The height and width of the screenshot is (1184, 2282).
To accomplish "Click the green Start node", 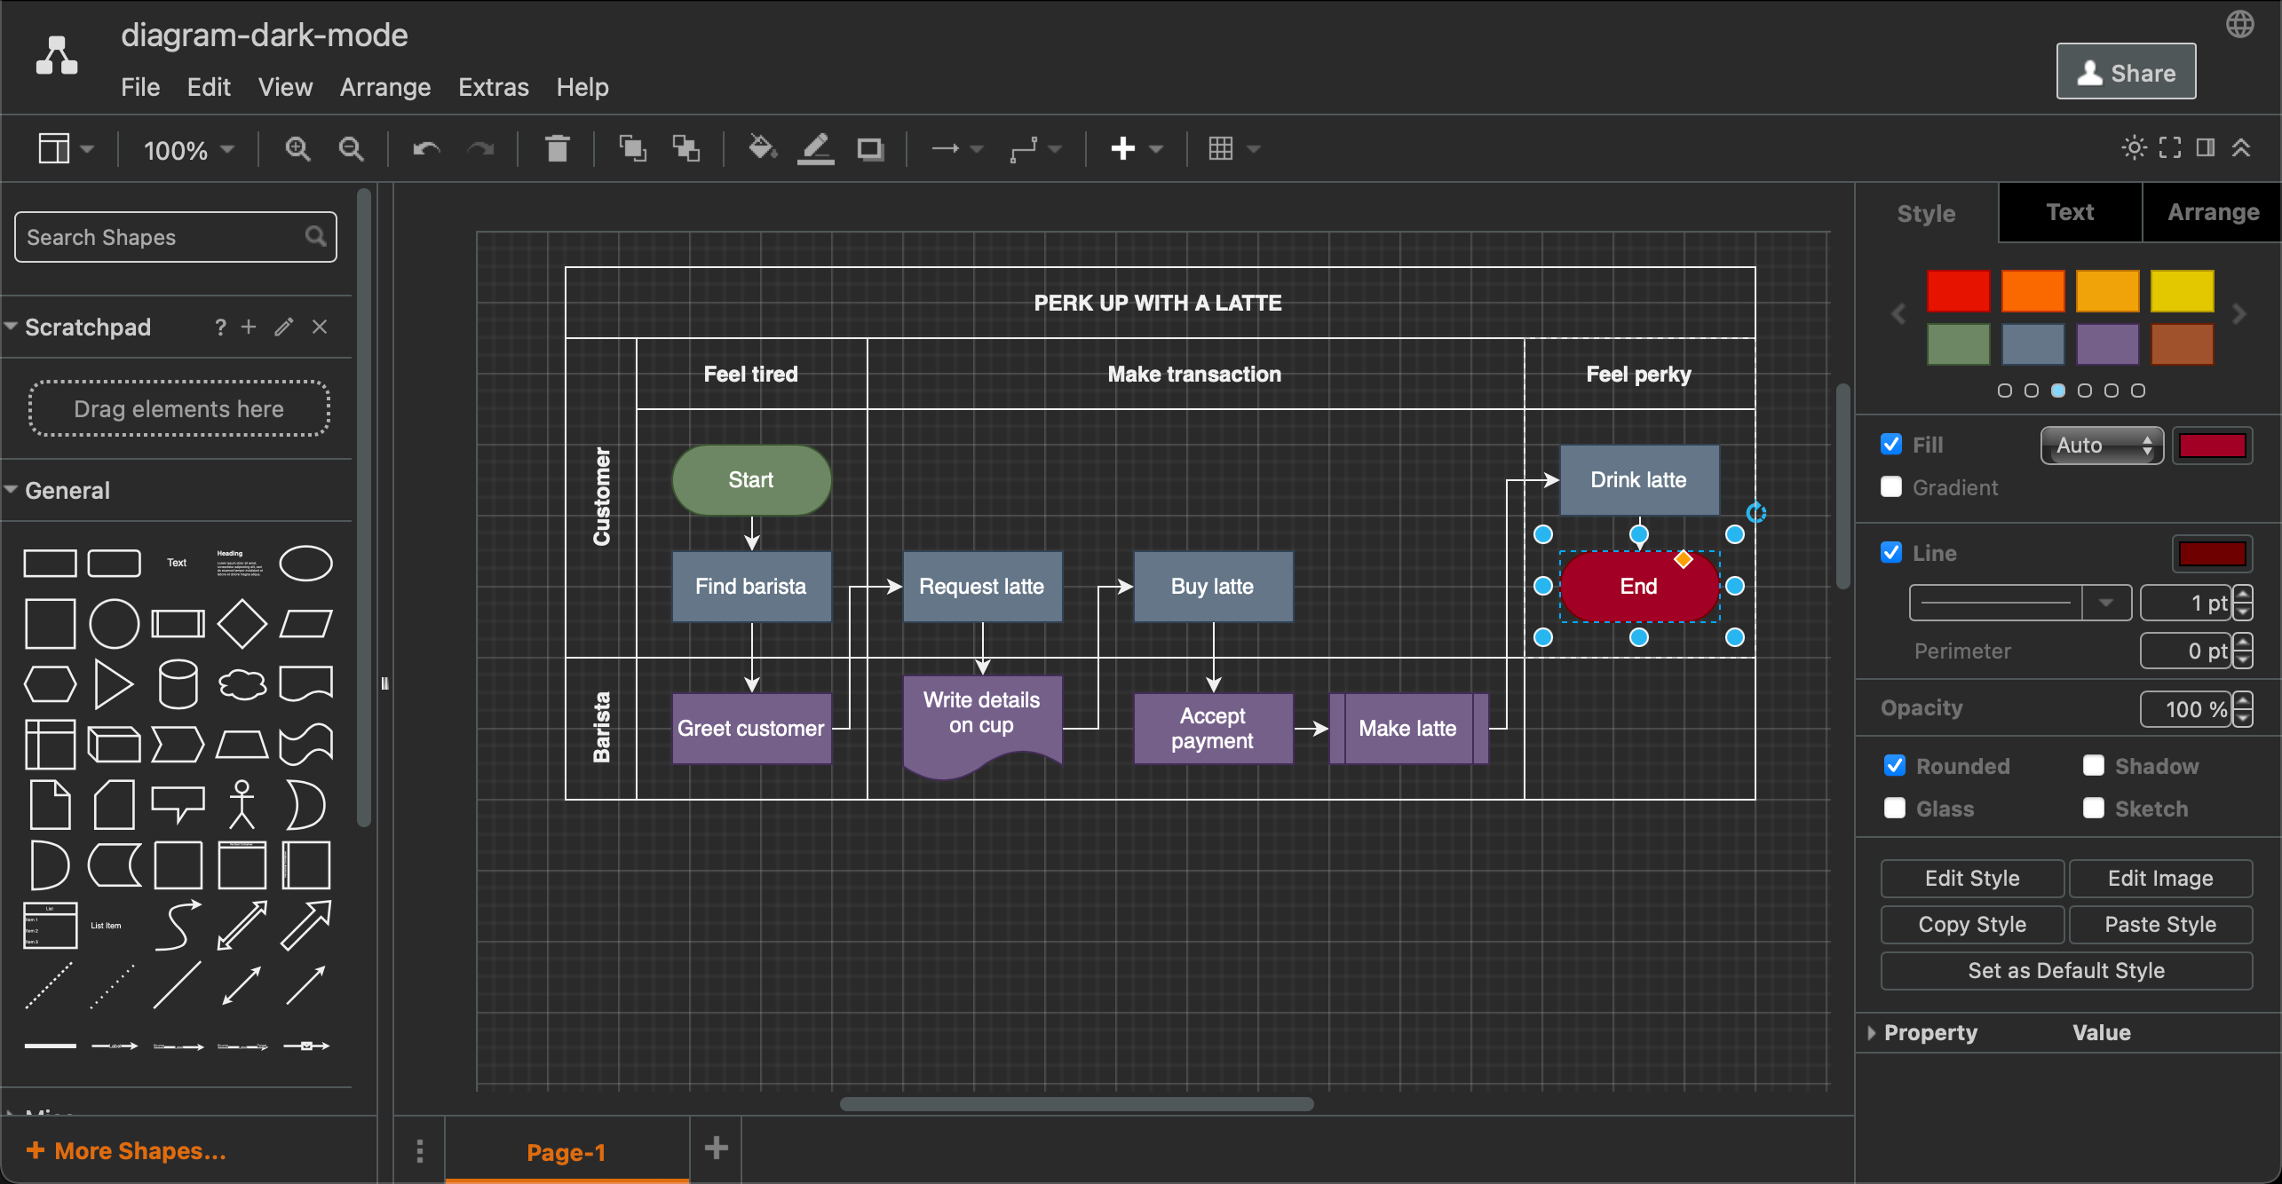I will [751, 480].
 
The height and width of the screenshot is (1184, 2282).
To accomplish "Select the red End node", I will [1625, 596].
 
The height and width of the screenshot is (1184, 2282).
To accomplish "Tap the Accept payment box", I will [1212, 729].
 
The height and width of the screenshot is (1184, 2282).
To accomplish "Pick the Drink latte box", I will [1638, 480].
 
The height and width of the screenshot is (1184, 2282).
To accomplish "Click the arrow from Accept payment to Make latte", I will [1311, 729].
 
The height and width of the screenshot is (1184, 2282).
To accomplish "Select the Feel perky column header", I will [1638, 374].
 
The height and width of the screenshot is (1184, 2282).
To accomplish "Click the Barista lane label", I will [601, 728].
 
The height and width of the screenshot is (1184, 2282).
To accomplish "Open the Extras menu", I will [493, 87].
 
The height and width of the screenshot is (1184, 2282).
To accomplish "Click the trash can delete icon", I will [557, 148].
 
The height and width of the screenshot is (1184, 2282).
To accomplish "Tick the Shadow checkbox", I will [2093, 766].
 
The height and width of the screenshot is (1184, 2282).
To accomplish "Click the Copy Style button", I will [1971, 925].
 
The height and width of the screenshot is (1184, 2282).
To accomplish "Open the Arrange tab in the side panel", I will [2212, 212].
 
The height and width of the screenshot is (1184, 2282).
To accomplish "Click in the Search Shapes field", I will [164, 237].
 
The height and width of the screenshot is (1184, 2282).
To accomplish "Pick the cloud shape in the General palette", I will [242, 684].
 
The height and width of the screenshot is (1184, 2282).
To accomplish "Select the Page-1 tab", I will [566, 1152].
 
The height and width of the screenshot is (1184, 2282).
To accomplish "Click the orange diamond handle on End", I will [1683, 559].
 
